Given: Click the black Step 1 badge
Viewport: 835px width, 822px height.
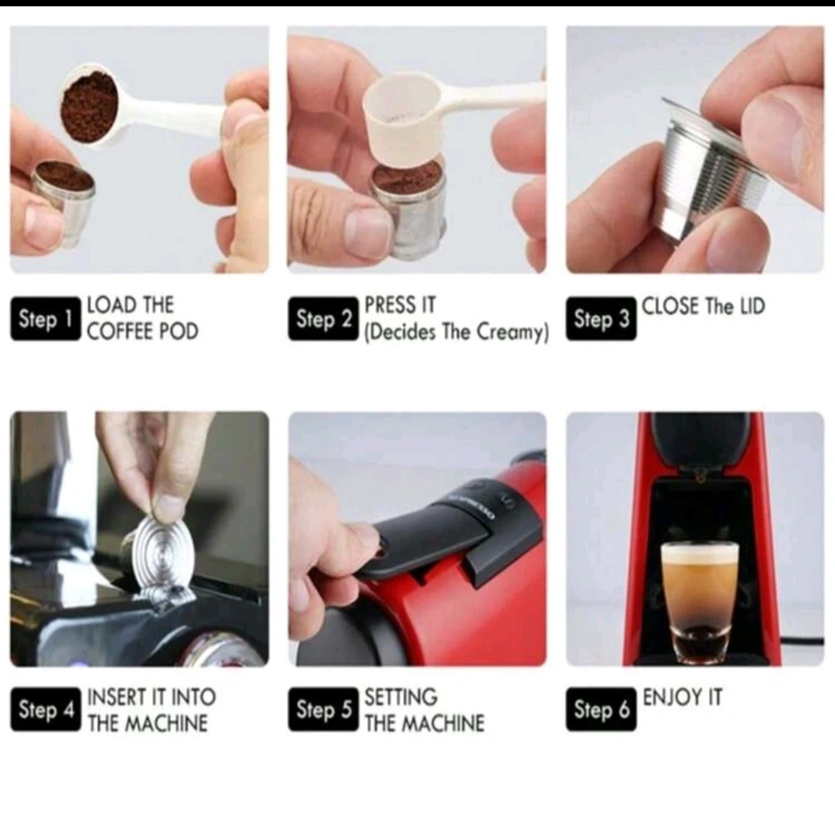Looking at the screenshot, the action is (x=46, y=319).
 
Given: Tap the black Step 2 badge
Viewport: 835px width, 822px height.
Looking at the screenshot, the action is (x=323, y=319).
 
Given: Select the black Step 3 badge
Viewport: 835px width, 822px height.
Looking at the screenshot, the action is (x=602, y=319).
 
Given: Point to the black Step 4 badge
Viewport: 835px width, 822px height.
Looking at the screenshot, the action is (x=46, y=709).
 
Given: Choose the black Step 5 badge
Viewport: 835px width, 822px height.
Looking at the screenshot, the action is (x=323, y=709).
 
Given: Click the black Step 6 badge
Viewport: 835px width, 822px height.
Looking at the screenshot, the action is (x=602, y=709).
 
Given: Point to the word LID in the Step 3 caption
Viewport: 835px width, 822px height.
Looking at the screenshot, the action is (x=752, y=306).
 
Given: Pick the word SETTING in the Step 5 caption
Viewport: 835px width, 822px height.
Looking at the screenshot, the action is (x=401, y=697).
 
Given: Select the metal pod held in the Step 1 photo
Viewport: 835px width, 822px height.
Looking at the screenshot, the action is (x=63, y=203).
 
